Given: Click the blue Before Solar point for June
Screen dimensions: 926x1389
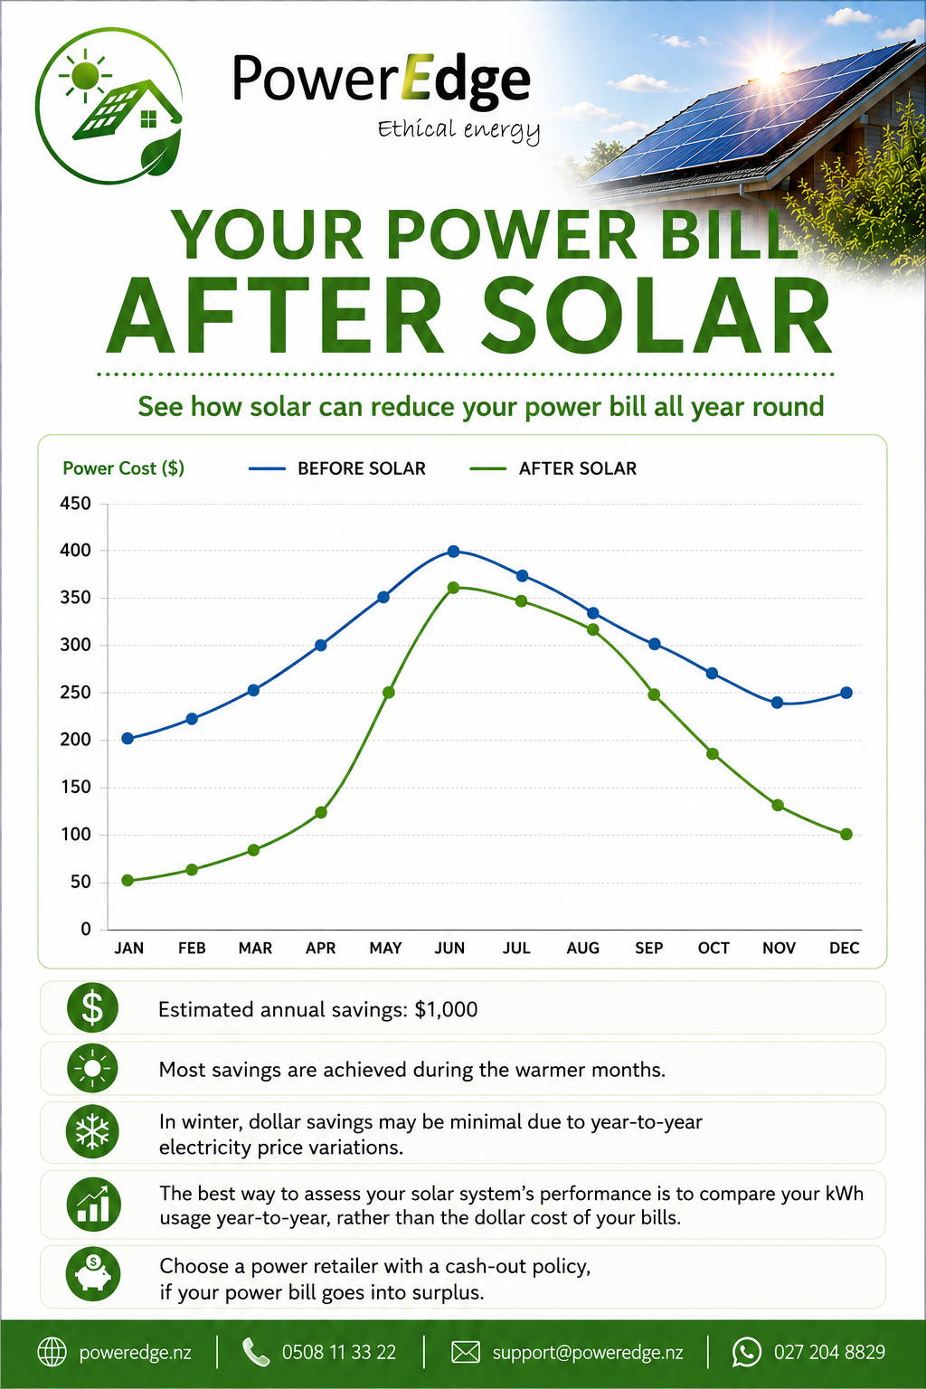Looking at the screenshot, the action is (x=453, y=552).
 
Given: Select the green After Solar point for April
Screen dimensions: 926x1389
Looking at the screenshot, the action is (x=321, y=812).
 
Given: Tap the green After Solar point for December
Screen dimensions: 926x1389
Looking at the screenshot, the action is (x=846, y=835).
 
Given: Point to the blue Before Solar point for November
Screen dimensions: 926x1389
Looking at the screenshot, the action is (x=777, y=703).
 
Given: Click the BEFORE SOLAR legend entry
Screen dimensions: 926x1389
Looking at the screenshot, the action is (x=337, y=468).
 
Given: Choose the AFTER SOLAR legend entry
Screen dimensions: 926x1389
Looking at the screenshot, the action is (x=553, y=468).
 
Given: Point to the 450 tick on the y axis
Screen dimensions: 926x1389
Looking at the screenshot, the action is (x=76, y=504).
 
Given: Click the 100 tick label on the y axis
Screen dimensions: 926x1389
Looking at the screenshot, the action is (x=76, y=835).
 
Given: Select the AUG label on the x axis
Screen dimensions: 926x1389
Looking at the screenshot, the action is (x=583, y=948).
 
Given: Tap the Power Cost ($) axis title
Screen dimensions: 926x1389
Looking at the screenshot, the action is (x=123, y=468).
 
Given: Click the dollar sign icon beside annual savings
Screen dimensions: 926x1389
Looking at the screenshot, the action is (x=92, y=1007).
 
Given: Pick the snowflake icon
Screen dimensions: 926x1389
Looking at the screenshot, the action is (x=92, y=1131).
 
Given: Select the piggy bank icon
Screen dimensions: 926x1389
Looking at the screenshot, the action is (x=92, y=1274).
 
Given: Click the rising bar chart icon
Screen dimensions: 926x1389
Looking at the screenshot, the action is (x=93, y=1205).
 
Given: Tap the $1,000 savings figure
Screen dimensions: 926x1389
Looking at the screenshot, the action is (x=447, y=1009).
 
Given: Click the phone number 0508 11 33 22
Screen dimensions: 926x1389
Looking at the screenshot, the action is (x=338, y=1353).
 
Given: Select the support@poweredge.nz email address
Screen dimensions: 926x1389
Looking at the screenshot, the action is (x=588, y=1353).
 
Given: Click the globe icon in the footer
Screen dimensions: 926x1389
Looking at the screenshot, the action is (x=52, y=1352).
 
